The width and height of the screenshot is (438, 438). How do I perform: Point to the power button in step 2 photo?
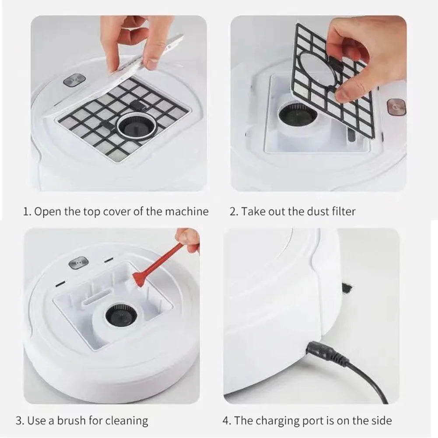pos(396,108)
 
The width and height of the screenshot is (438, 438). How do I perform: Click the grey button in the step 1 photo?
pos(74,81)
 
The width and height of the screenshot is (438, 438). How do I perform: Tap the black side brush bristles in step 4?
pos(348,288)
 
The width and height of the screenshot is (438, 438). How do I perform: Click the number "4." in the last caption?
pos(227,421)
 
